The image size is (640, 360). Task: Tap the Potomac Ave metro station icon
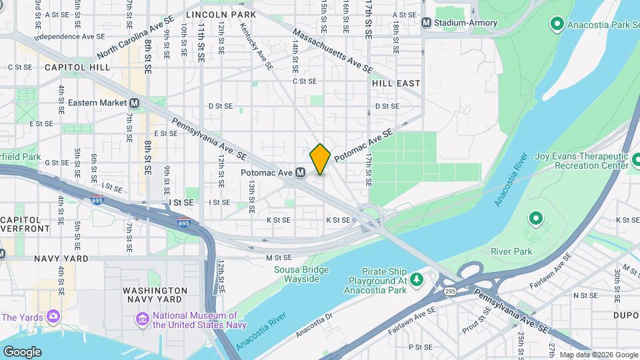tap(301, 173)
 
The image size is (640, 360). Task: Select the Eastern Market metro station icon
tap(135, 103)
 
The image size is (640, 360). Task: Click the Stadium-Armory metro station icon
tap(426, 23)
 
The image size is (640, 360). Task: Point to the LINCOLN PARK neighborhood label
tap(212, 13)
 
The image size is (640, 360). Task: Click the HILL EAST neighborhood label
tap(396, 83)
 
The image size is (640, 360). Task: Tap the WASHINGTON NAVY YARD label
tap(155, 296)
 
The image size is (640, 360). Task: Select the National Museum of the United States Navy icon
tap(143, 320)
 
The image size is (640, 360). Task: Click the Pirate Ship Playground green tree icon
tap(417, 277)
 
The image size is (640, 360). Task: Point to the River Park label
tap(511, 251)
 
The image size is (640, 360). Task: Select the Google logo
tap(22, 351)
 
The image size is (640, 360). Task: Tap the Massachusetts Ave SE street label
tap(332, 50)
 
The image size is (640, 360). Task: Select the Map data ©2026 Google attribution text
tap(598, 355)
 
